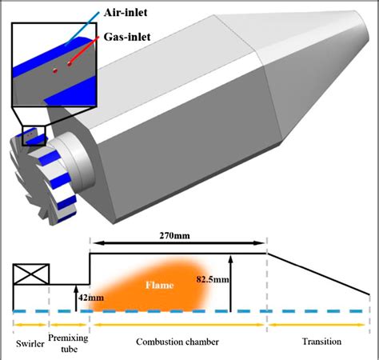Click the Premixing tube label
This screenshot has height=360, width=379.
tap(69, 342)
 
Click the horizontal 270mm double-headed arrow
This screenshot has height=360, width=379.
tap(178, 244)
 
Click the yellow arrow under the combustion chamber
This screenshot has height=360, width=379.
tap(177, 324)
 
